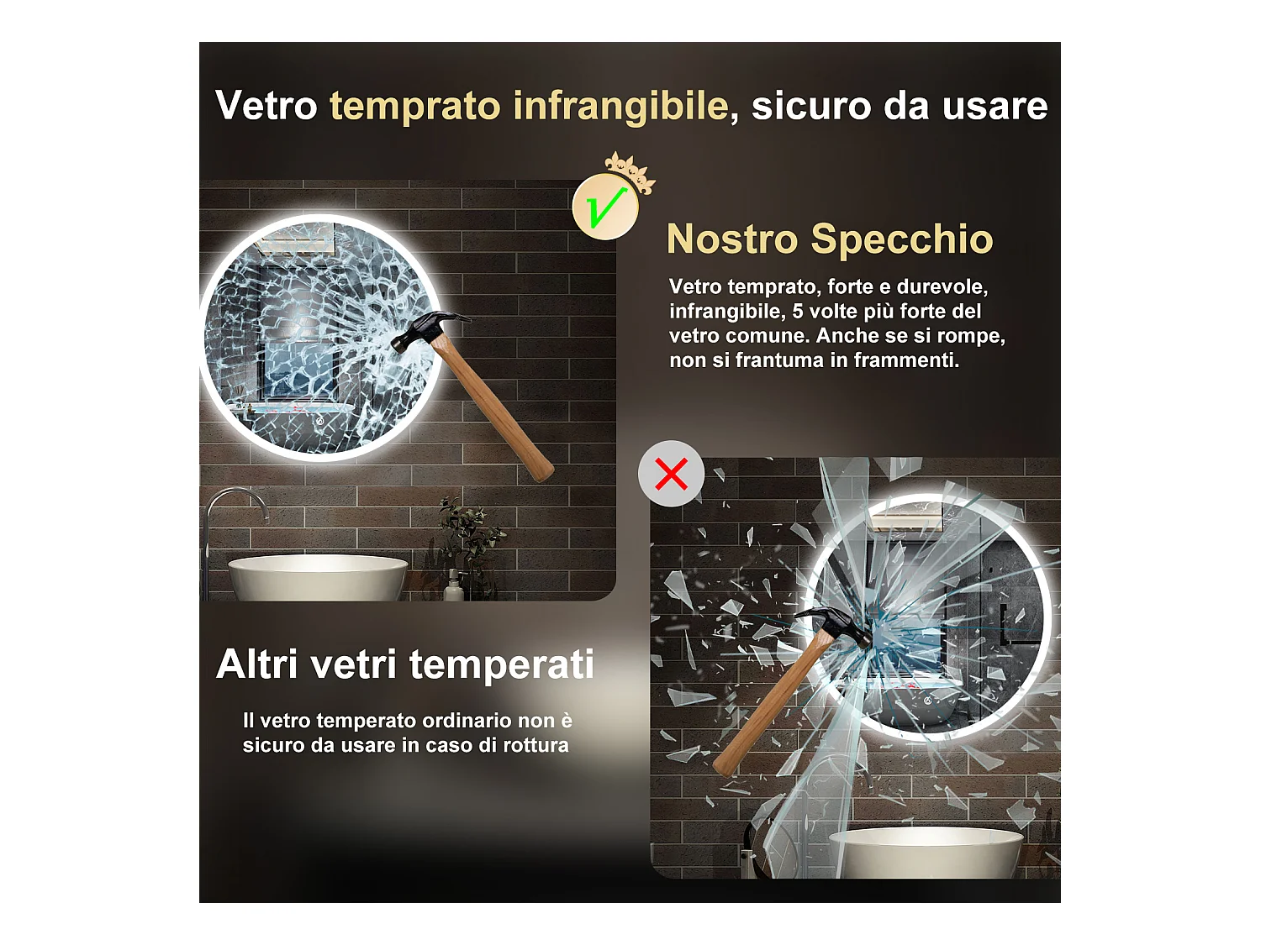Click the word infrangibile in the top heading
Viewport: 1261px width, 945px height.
click(620, 107)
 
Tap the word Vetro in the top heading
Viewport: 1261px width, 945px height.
click(266, 107)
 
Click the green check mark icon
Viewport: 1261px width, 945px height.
click(605, 207)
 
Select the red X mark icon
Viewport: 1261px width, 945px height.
click(671, 474)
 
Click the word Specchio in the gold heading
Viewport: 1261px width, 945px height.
click(902, 239)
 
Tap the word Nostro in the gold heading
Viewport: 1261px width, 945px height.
click(731, 239)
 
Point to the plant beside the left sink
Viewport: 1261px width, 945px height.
click(467, 538)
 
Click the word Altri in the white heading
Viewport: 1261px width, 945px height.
click(257, 664)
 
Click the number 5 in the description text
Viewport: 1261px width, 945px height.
click(798, 312)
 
